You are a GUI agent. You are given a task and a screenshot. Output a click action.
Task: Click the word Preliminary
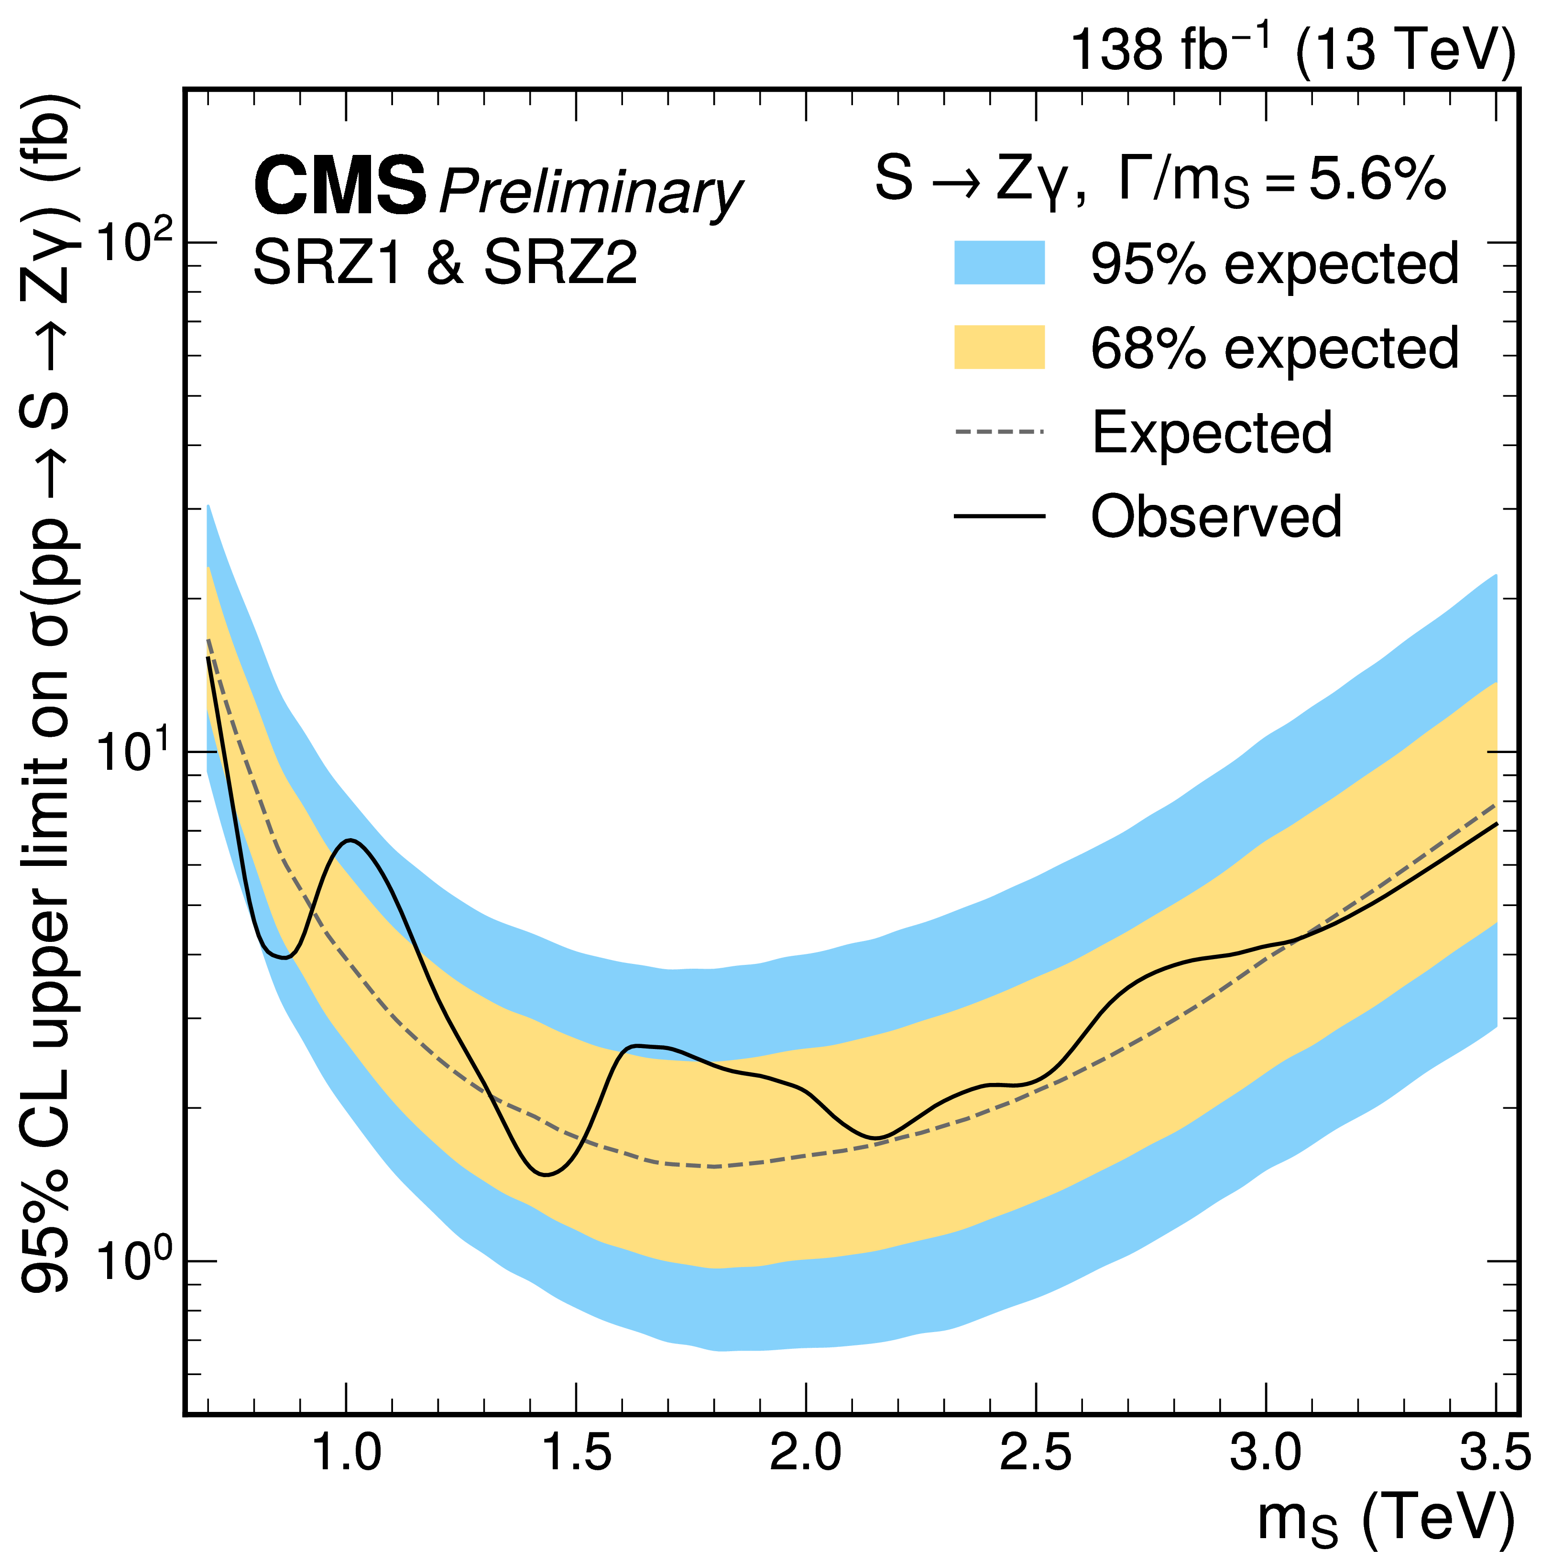[590, 193]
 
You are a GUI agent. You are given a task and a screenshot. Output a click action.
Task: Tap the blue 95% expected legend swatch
[999, 262]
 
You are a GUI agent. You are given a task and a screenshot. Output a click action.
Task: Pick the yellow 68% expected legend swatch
[999, 347]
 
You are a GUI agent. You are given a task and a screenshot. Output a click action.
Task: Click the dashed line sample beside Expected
[999, 432]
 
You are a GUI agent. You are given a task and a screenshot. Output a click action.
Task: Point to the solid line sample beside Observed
[999, 516]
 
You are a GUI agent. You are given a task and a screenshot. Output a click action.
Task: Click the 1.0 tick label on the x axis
[346, 1453]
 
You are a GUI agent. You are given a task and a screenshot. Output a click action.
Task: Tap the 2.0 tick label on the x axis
[806, 1453]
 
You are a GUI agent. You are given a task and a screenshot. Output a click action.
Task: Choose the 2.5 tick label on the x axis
[1036, 1453]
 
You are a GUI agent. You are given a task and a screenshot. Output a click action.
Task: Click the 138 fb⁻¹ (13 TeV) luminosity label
[1293, 50]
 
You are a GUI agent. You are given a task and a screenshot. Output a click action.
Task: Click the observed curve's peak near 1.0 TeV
[351, 840]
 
